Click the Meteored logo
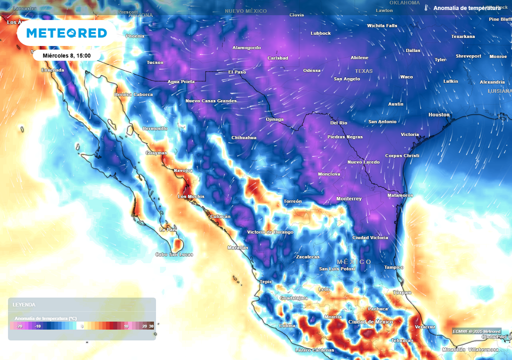click(66, 33)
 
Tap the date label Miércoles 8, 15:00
click(66, 55)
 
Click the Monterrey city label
click(348, 199)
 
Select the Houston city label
click(439, 115)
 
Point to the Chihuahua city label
click(244, 138)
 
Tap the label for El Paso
click(237, 72)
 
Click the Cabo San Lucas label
click(173, 254)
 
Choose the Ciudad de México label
click(370, 321)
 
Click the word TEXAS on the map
click(363, 71)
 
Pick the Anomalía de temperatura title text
click(466, 8)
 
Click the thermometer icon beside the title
click(426, 8)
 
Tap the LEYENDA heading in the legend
click(24, 304)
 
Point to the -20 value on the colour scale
click(19, 326)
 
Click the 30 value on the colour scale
click(151, 326)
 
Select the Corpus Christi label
click(402, 156)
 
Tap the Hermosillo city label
click(155, 128)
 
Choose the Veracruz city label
click(425, 326)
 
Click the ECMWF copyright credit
click(476, 331)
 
